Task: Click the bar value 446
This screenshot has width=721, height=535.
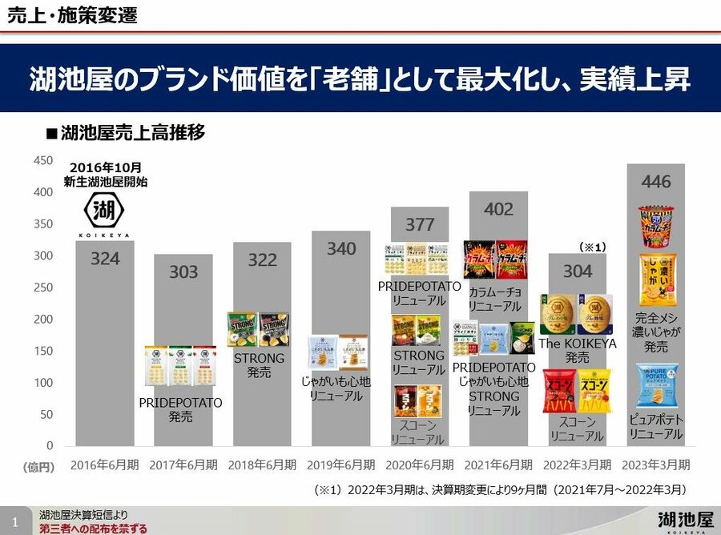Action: pyautogui.click(x=656, y=182)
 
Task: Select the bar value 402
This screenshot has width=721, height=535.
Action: pyautogui.click(x=498, y=209)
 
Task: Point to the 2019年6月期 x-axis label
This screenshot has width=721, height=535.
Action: pyautogui.click(x=340, y=465)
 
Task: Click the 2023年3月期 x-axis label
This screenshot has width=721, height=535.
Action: pyautogui.click(x=656, y=465)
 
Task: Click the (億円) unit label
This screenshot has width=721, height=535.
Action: pyautogui.click(x=38, y=465)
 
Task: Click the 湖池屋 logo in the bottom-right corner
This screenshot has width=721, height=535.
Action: pyautogui.click(x=683, y=518)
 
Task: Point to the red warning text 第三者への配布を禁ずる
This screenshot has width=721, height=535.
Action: pyautogui.click(x=94, y=528)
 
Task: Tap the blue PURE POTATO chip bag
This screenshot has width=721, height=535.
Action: pyautogui.click(x=657, y=385)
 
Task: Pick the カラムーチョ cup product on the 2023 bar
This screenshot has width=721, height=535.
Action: pyautogui.click(x=656, y=226)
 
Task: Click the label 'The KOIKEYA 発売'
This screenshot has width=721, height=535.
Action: pyautogui.click(x=578, y=350)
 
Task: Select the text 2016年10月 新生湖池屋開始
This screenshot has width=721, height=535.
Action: pyautogui.click(x=105, y=175)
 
